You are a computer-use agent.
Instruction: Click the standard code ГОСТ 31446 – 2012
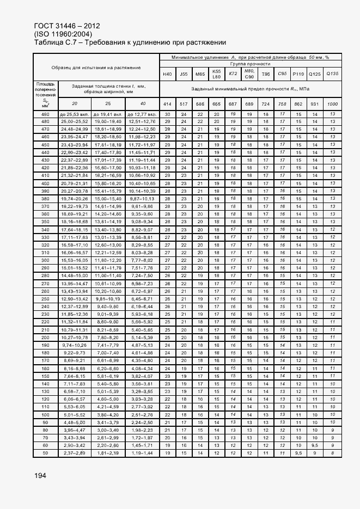[x=66, y=26]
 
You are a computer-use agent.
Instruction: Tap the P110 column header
[x=298, y=74]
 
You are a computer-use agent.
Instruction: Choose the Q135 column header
[x=332, y=74]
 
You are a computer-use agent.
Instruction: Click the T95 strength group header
[x=266, y=74]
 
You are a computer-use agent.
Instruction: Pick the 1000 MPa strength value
[x=332, y=103]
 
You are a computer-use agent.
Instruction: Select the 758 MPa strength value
[x=282, y=103]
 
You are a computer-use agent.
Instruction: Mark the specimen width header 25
[x=108, y=103]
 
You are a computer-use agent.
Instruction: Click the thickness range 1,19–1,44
[x=143, y=453]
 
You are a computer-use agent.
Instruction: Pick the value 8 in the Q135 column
[x=332, y=453]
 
